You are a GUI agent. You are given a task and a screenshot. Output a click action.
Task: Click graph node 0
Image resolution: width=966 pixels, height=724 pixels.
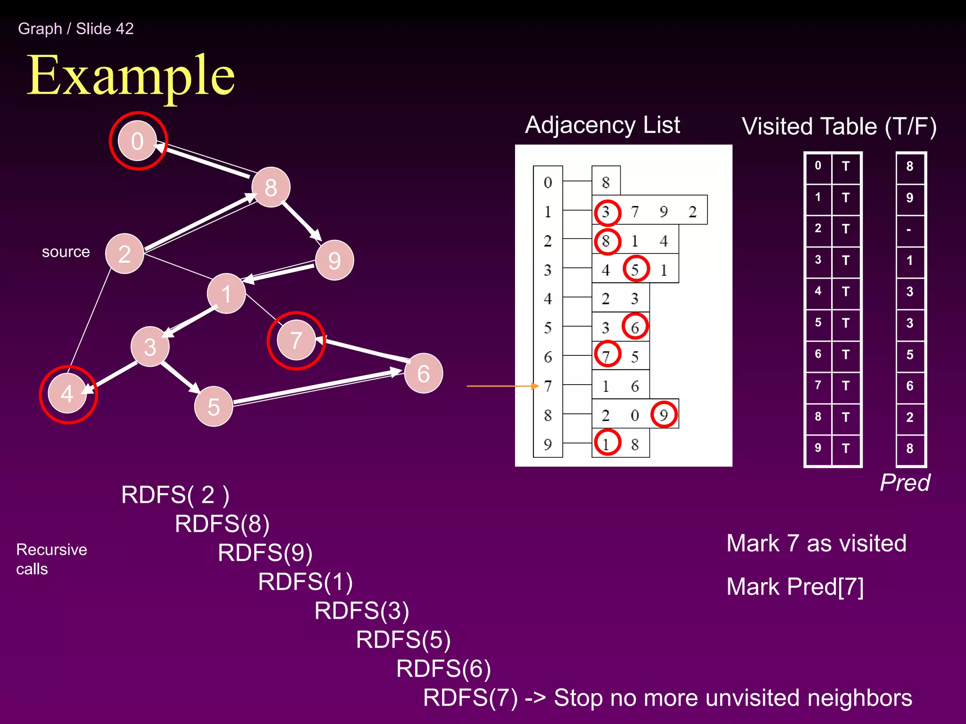[x=137, y=141]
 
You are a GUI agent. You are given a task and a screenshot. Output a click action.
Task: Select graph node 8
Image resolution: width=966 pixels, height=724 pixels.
[x=271, y=187]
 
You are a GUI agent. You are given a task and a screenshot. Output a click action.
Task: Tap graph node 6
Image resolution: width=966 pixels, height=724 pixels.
[x=423, y=373]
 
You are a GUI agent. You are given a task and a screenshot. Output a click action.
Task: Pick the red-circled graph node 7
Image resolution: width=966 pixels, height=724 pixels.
[x=296, y=340]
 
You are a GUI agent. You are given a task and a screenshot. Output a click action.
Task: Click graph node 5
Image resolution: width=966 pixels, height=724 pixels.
[x=214, y=406]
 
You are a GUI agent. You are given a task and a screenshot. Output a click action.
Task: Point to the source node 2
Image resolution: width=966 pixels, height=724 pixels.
[x=125, y=254]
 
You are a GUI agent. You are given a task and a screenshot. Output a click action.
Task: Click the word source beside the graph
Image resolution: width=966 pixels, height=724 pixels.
[x=66, y=252]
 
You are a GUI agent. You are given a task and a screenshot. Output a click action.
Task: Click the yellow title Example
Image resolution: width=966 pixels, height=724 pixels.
[x=131, y=75]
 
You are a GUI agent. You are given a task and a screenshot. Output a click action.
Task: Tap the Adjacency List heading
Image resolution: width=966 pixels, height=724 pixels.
[x=602, y=125]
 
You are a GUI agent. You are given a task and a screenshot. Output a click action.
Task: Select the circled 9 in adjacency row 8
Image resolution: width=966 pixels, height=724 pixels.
[x=664, y=414]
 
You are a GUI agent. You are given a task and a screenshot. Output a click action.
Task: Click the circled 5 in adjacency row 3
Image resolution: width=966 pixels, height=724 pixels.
[x=635, y=270]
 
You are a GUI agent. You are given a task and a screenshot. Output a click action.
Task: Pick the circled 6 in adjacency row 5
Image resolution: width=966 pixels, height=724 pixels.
[x=635, y=327]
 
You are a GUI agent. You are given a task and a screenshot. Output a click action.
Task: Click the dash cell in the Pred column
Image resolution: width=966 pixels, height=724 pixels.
[x=909, y=230]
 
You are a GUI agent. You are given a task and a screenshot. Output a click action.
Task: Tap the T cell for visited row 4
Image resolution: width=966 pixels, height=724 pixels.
[x=846, y=292]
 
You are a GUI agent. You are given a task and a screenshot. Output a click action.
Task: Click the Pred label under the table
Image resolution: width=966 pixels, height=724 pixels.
[x=905, y=483]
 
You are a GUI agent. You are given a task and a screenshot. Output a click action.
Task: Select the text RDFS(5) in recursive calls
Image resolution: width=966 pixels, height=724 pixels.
[x=403, y=640]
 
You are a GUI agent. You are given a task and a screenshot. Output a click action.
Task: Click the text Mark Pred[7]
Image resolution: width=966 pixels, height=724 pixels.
[x=795, y=587]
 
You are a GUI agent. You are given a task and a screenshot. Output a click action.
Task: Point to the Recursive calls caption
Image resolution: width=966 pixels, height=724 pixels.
[x=51, y=559]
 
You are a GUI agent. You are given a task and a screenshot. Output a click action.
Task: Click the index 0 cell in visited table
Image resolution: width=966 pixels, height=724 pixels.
[x=818, y=166]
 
